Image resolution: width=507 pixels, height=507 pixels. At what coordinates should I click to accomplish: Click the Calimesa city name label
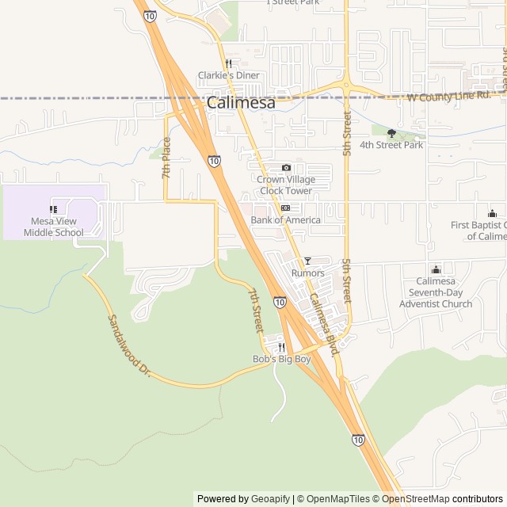(x=241, y=103)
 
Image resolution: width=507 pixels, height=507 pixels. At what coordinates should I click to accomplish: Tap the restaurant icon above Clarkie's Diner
(x=228, y=63)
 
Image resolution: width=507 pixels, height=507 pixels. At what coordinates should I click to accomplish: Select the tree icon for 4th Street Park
(x=391, y=133)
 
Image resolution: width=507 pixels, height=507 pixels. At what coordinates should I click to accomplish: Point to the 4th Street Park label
(x=391, y=145)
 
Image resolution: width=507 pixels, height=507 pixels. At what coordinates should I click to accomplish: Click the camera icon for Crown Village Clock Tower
(x=286, y=168)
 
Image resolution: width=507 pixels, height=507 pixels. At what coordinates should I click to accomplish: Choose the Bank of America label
(x=285, y=219)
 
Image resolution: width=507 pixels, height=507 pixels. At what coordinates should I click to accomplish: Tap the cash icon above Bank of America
(x=285, y=208)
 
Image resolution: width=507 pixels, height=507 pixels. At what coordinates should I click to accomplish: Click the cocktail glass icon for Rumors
(x=307, y=261)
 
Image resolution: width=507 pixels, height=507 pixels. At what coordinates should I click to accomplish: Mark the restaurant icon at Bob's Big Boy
(x=281, y=347)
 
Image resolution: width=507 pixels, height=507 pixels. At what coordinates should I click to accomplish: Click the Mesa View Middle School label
(x=53, y=227)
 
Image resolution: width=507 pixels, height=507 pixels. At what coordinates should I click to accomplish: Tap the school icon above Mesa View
(x=53, y=210)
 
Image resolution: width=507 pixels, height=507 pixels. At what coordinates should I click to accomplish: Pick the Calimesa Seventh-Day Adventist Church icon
(x=436, y=270)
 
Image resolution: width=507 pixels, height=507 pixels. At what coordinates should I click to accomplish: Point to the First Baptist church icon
(x=492, y=213)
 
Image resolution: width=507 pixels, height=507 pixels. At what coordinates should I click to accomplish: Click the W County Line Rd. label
(x=448, y=97)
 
